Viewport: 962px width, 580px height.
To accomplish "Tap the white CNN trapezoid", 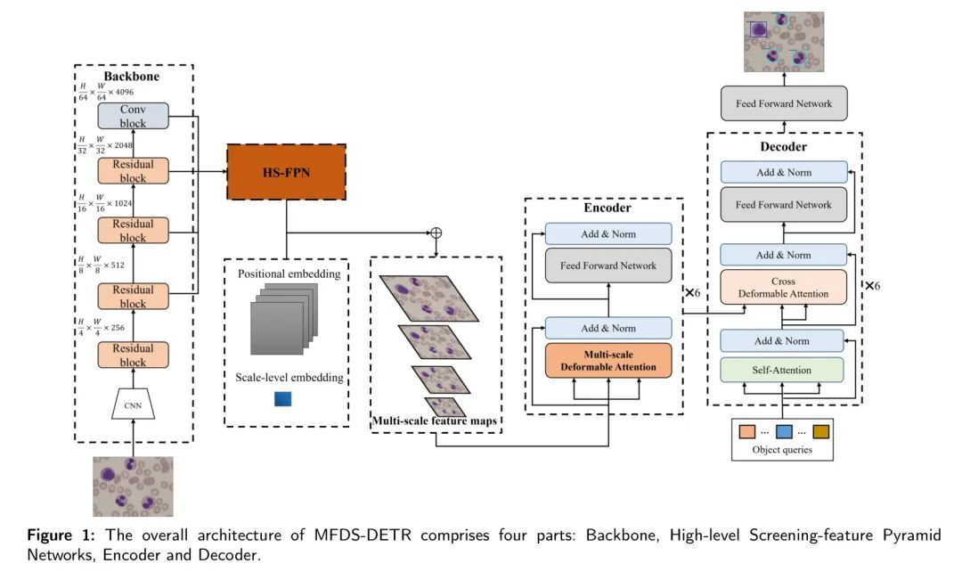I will [133, 406].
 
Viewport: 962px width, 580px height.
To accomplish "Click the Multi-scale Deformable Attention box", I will [608, 359].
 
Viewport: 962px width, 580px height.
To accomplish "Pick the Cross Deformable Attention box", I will [783, 288].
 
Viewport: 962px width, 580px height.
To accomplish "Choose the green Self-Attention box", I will [783, 369].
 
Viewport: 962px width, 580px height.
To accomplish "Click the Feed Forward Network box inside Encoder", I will [608, 265].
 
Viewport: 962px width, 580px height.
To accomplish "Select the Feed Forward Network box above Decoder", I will [783, 103].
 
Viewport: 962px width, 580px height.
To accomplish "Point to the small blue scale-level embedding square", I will [282, 399].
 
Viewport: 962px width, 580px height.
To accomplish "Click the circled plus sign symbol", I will [436, 233].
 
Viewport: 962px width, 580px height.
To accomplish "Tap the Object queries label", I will [782, 450].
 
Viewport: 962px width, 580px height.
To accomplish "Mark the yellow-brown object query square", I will [820, 431].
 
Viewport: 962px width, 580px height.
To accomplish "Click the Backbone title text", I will [132, 77].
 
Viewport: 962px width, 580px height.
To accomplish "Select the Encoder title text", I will [607, 208].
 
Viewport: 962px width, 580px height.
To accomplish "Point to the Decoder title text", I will [783, 146].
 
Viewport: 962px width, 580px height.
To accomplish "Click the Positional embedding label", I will [289, 274].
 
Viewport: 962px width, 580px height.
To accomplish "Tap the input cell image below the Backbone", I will [133, 486].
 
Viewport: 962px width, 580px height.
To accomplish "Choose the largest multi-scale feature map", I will [428, 298].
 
